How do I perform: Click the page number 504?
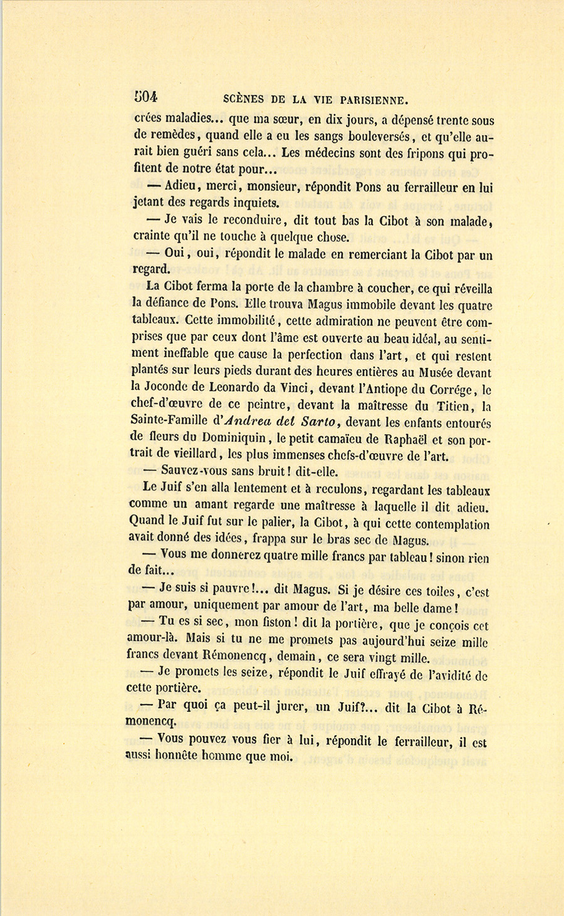point(145,96)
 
